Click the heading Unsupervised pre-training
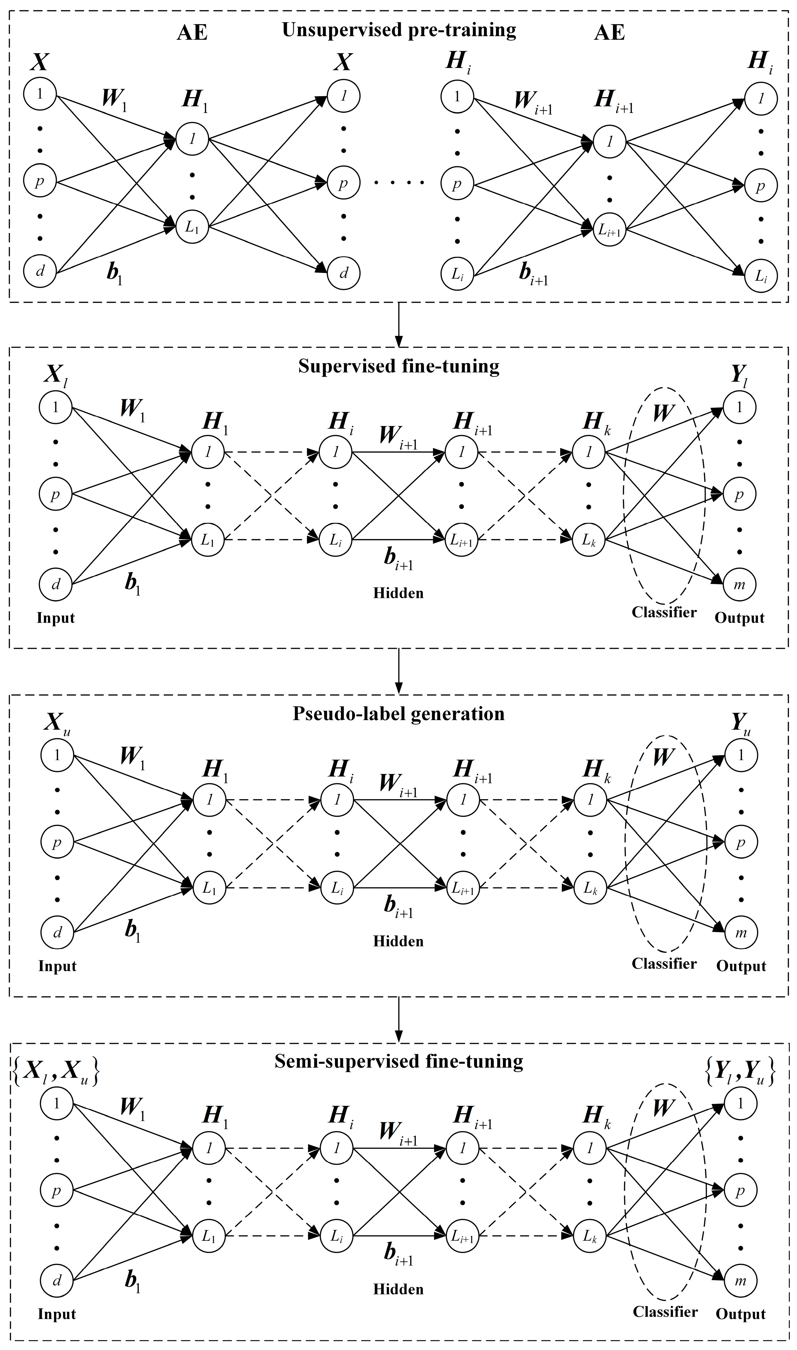(399, 30)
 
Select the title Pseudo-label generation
(399, 714)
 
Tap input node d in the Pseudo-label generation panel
(57, 933)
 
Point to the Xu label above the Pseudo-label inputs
(57, 725)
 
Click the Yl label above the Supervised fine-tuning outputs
(740, 377)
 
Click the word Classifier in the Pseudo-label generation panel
(664, 963)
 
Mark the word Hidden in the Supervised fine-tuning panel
(399, 594)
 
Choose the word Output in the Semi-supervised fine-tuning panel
(740, 1314)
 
